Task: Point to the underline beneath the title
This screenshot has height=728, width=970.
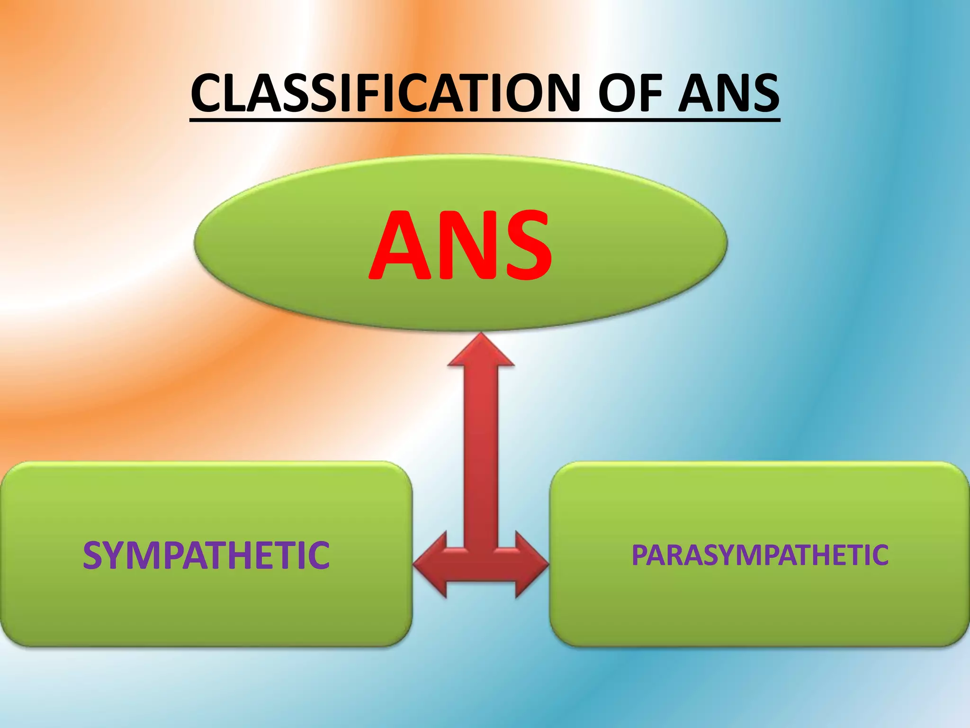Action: (485, 120)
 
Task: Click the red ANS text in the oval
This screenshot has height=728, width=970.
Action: (460, 246)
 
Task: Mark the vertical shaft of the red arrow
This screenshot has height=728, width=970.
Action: (481, 455)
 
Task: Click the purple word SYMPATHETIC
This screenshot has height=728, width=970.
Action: (206, 555)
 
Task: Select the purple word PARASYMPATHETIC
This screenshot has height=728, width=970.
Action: (760, 555)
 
